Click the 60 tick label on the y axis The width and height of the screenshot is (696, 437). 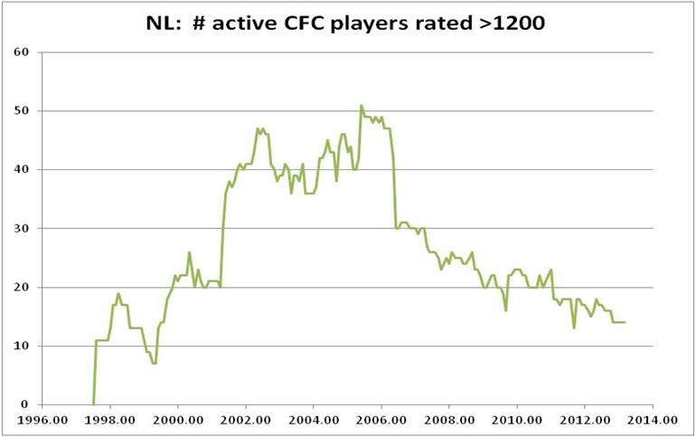(22, 52)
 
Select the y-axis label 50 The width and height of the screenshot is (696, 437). (22, 110)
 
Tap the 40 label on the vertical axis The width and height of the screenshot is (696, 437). (22, 169)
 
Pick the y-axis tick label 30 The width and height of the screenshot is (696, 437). (22, 228)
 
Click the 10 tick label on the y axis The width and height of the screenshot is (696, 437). (22, 346)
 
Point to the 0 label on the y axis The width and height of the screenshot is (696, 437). (25, 404)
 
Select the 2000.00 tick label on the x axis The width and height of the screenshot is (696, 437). (178, 421)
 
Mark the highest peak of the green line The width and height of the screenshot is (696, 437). (361, 105)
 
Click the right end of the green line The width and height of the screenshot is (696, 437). (625, 322)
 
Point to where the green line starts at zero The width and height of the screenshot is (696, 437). (93, 404)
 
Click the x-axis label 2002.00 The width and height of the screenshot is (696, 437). (246, 421)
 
